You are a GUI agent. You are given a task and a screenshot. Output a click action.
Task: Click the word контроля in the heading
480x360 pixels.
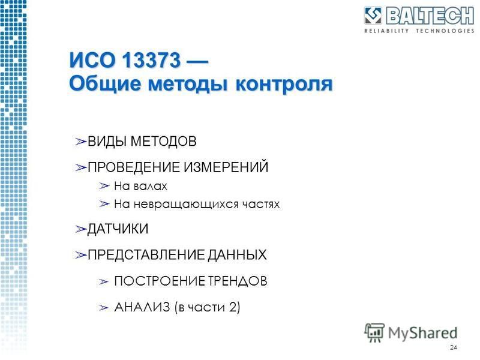pos(284,84)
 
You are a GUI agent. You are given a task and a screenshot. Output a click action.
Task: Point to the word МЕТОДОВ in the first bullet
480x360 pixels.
pos(163,141)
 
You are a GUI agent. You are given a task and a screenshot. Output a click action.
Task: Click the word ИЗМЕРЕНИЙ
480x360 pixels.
pos(226,167)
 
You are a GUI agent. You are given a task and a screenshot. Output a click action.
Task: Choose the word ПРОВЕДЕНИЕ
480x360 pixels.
pos(134,167)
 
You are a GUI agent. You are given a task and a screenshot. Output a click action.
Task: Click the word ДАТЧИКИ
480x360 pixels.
pos(118,229)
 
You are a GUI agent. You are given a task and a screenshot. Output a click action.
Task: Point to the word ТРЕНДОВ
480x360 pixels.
pos(238,281)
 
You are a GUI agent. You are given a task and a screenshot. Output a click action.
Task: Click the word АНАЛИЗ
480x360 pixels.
pos(142,307)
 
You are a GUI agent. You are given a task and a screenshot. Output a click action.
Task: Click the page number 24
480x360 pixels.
pos(454,347)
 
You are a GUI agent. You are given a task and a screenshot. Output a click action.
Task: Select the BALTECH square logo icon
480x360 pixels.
pos(373,16)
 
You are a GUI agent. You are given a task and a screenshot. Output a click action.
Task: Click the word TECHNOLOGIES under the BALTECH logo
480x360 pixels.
pos(445,31)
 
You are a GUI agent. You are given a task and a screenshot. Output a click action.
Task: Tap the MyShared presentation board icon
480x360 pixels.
pos(374,332)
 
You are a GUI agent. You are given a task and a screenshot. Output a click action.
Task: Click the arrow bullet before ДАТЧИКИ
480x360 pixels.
pos(81,229)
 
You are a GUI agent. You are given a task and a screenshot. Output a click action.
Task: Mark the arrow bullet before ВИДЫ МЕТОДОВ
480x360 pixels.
pos(81,142)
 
